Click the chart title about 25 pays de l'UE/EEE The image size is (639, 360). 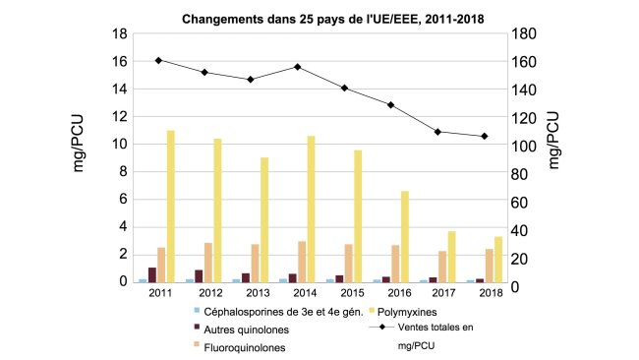click(x=319, y=19)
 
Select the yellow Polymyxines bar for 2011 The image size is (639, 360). click(x=170, y=206)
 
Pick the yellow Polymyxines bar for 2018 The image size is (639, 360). click(x=498, y=259)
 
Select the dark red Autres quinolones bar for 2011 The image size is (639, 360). click(x=151, y=274)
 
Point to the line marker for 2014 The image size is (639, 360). click(x=297, y=67)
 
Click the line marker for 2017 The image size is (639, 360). click(x=437, y=132)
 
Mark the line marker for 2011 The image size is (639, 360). click(x=158, y=60)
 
